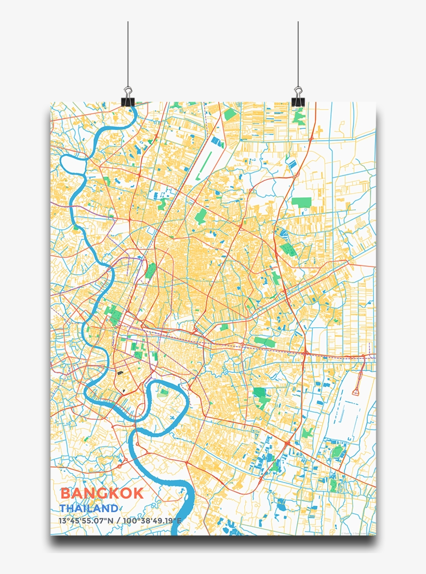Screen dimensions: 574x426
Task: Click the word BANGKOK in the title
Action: coord(102,493)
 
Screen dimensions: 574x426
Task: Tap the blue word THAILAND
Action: coord(88,508)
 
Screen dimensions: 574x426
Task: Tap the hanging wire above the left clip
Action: coord(128,52)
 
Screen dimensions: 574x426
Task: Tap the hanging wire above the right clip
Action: coord(298,52)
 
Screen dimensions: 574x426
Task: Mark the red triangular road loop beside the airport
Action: coord(356,390)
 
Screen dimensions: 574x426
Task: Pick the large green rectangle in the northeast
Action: coord(301,202)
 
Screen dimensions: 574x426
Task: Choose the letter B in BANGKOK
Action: coord(66,493)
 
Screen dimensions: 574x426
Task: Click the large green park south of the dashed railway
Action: coord(260,394)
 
